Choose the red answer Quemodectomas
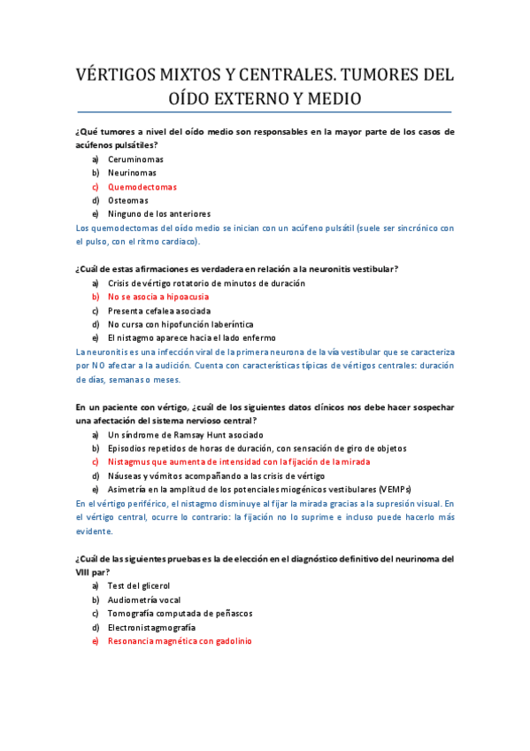tap(142, 187)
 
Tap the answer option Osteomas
tap(128, 200)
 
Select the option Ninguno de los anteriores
tap(159, 213)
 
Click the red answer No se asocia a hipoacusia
tap(160, 297)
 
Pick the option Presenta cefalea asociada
tap(159, 311)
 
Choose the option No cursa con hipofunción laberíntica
tap(181, 324)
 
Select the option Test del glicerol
tap(138, 586)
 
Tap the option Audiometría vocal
tap(144, 600)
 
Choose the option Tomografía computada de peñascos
tap(181, 613)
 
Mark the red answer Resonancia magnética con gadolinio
tap(180, 640)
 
